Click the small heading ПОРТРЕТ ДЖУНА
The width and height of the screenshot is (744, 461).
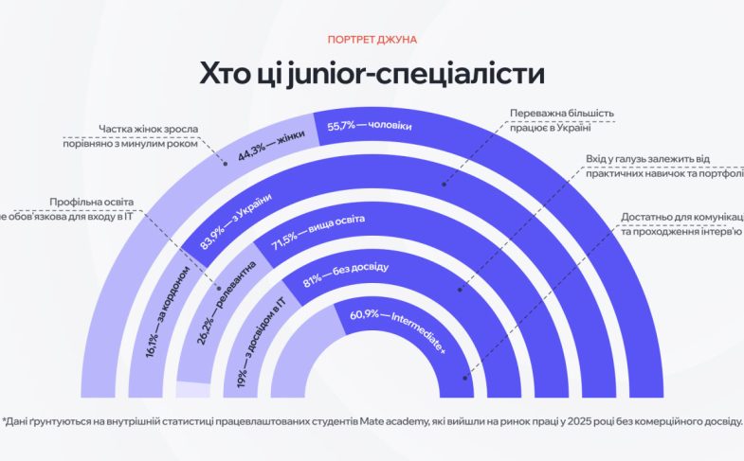coord(372,40)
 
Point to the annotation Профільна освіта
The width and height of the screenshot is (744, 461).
coord(92,203)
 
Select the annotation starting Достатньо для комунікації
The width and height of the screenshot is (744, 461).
coord(682,218)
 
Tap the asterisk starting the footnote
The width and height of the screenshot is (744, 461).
coord(4,421)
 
